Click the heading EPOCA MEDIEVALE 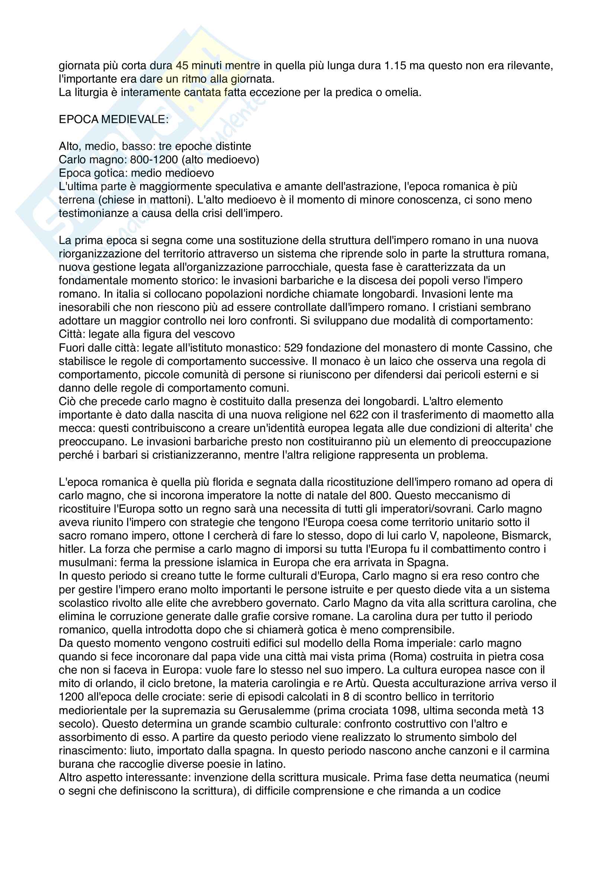[x=114, y=119]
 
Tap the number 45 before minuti [x=182, y=65]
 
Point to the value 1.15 [x=395, y=65]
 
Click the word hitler [x=69, y=549]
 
